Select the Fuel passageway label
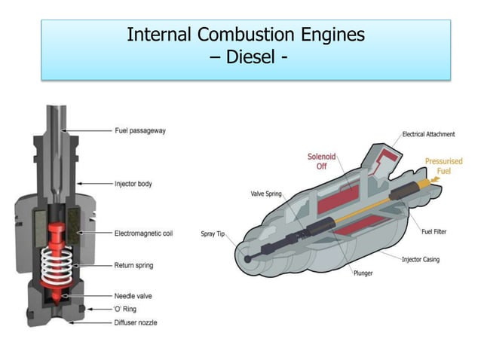(139, 130)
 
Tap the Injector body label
(134, 183)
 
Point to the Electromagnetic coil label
(143, 233)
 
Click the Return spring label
(134, 265)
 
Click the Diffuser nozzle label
(136, 322)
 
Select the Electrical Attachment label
(427, 134)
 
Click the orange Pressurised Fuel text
(443, 166)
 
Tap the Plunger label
(363, 273)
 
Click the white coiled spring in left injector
(58, 262)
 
